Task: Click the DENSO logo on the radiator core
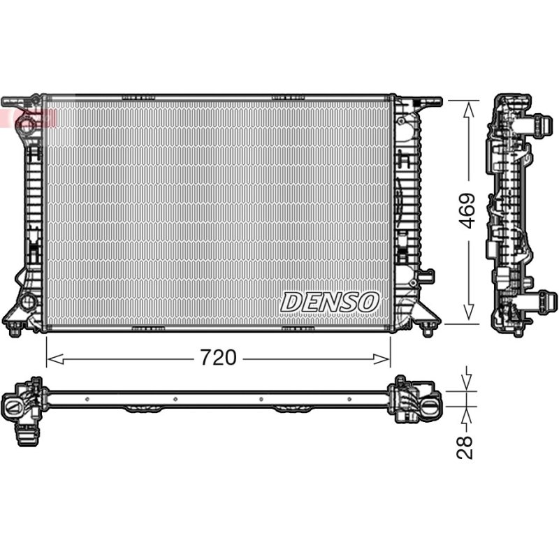[329, 303]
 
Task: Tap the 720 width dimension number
[218, 357]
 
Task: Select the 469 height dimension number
[467, 211]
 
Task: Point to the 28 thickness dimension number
[465, 447]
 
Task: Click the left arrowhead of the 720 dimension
[55, 359]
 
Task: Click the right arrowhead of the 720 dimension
[382, 359]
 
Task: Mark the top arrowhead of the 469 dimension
[468, 109]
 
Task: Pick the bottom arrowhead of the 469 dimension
[468, 312]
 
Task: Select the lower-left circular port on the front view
[27, 301]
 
